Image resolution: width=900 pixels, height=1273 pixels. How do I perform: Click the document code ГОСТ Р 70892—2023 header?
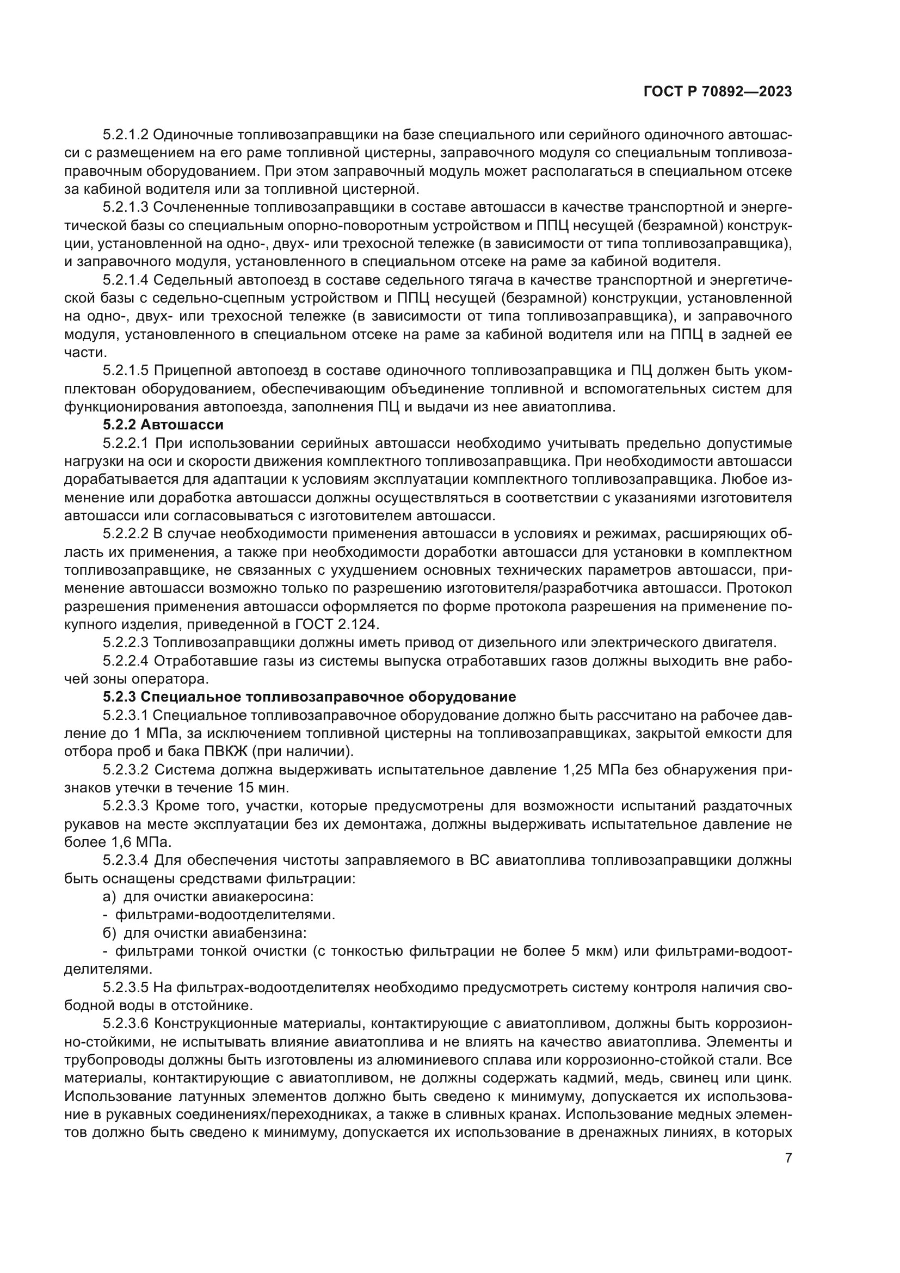(x=717, y=92)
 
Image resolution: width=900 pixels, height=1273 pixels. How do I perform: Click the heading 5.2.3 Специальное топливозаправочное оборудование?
(x=309, y=697)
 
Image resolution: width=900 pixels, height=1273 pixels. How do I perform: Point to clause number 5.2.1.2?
(x=125, y=135)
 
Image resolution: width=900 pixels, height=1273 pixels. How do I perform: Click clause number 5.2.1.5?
(x=125, y=371)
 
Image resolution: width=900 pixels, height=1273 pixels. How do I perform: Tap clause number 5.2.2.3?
(x=125, y=643)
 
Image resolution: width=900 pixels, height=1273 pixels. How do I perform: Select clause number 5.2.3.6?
(x=125, y=1024)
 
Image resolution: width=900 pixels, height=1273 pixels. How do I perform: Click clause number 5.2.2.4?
(x=125, y=661)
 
